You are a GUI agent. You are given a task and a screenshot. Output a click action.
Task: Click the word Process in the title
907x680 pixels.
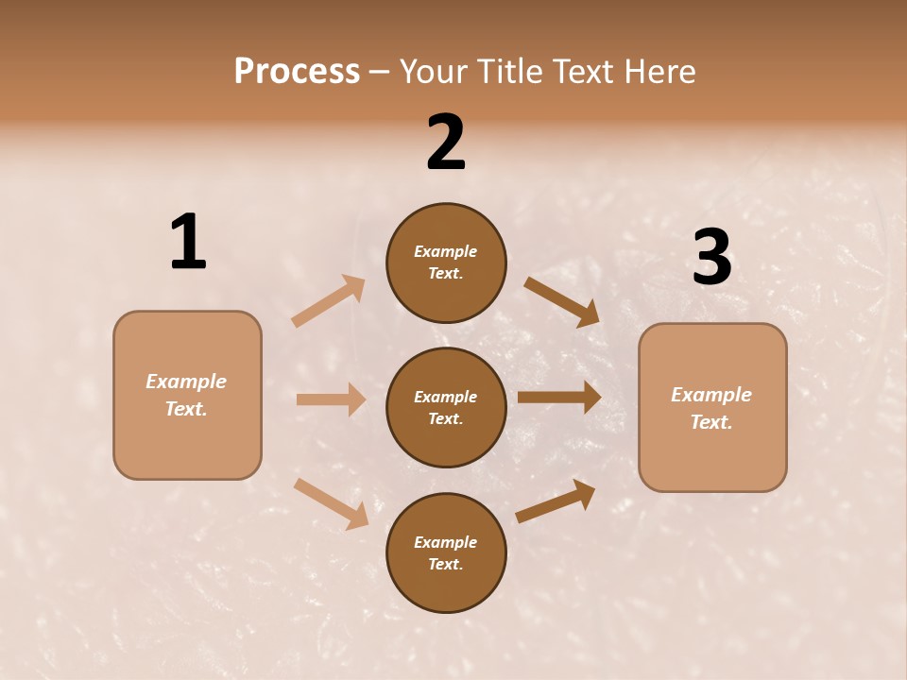pos(297,72)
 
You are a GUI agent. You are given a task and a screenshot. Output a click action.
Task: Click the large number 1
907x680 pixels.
pos(188,242)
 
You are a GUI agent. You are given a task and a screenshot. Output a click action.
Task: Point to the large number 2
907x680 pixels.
pos(446,143)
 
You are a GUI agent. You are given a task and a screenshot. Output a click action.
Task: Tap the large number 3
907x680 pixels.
pos(711,257)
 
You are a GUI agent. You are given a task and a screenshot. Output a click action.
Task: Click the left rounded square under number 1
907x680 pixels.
pos(187,395)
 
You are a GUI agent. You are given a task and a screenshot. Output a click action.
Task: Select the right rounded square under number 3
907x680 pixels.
pos(712,407)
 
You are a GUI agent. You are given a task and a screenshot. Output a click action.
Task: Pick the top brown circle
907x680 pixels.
pos(446,263)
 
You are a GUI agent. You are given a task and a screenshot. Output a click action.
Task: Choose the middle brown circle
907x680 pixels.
pos(446,407)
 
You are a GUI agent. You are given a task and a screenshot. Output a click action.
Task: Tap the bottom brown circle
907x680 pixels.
pos(446,552)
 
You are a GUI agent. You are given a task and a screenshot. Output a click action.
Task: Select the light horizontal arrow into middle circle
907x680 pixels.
pos(331,399)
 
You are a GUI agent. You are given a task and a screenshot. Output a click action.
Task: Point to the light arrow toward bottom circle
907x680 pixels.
pos(331,503)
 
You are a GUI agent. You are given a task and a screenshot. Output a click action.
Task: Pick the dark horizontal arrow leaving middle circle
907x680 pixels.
pos(559,397)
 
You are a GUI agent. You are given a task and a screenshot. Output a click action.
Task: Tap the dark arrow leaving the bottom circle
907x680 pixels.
pos(556,501)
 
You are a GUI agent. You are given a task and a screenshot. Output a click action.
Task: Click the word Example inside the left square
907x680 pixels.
pos(186,382)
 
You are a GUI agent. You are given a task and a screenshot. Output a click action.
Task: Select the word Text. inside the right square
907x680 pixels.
pos(711,422)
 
